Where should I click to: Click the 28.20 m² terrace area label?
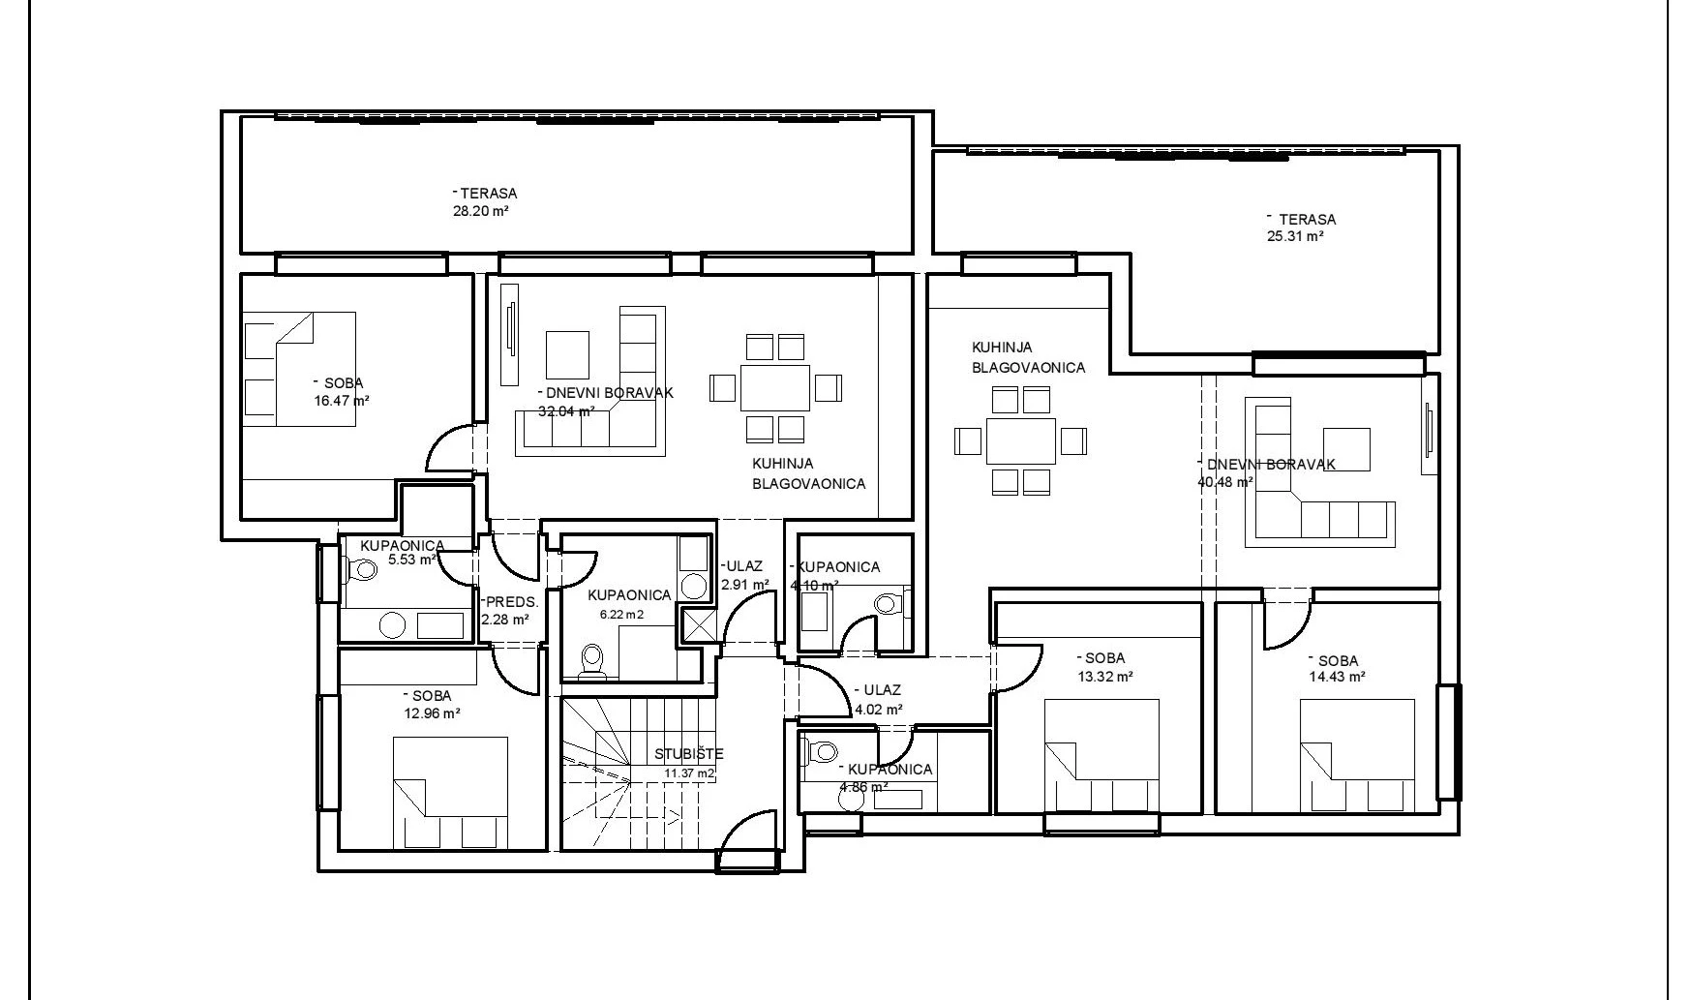(481, 210)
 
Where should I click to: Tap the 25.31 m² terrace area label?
(1294, 236)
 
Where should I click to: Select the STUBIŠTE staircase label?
(688, 754)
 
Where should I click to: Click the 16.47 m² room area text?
(342, 399)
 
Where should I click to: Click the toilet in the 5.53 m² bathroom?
(361, 570)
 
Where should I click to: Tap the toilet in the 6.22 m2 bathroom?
(590, 659)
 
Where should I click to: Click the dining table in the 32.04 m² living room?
(775, 387)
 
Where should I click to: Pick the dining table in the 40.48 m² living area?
(1021, 440)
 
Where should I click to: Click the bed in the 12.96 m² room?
(451, 793)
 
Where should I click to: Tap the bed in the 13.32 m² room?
(1102, 755)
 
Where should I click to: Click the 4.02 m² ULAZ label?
(878, 700)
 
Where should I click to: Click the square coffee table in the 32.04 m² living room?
(567, 354)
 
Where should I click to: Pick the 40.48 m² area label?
(1225, 481)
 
